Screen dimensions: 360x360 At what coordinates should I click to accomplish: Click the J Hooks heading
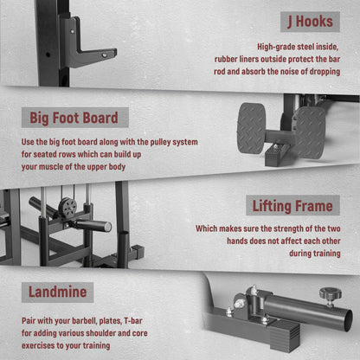click(310, 22)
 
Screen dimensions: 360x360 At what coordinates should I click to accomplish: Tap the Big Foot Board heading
click(74, 118)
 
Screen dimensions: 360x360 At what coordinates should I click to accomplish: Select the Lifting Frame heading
click(292, 206)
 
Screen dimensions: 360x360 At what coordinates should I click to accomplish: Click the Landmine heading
click(57, 292)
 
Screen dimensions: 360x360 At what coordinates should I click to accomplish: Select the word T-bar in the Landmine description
click(133, 321)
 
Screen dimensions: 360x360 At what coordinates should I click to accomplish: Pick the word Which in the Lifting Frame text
click(206, 228)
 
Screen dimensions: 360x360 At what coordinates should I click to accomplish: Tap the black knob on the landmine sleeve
click(331, 293)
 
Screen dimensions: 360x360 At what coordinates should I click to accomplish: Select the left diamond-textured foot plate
click(251, 128)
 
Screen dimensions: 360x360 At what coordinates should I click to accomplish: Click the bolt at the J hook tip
click(104, 55)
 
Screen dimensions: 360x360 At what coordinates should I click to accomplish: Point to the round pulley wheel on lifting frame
click(67, 207)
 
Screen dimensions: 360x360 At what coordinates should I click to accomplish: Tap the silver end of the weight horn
click(107, 227)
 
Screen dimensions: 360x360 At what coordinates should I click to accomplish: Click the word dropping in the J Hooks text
click(325, 72)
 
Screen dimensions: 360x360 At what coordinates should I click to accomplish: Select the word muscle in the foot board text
click(51, 167)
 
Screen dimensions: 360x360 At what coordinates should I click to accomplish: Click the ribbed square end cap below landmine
click(286, 335)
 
